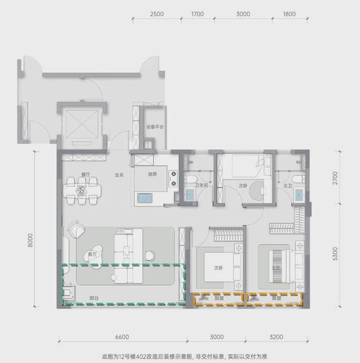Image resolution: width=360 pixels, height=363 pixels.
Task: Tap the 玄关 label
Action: (119, 175)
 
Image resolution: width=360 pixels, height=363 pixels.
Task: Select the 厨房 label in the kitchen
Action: (153, 175)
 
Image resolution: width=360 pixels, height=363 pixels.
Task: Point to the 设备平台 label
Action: (155, 126)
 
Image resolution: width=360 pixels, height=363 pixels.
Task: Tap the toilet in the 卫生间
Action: (189, 179)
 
